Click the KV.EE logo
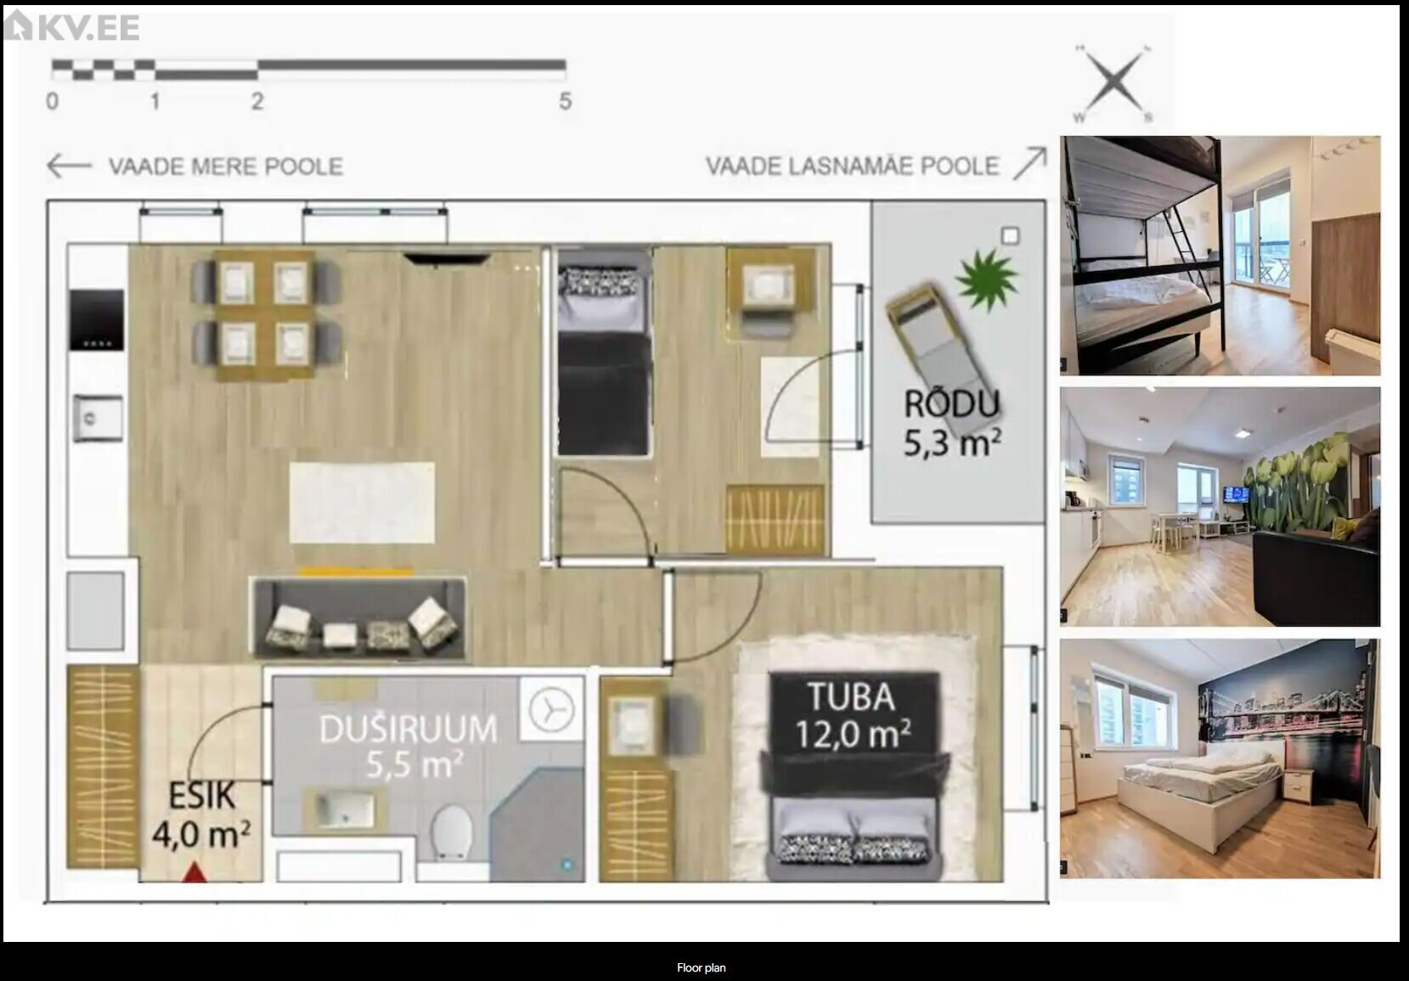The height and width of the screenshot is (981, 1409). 71,26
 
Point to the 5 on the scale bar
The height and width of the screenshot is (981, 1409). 565,101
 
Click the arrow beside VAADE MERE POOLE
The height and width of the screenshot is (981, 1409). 69,166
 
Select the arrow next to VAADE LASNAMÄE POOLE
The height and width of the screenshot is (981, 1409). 1029,164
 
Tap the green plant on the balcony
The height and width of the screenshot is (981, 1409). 986,279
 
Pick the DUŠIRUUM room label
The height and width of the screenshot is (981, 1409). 409,747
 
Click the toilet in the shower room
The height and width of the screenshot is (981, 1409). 453,832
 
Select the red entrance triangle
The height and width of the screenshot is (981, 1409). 194,872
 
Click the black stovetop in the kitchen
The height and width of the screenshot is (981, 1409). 96,319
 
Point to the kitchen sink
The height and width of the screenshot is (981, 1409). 99,418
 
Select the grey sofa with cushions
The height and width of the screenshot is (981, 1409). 359,618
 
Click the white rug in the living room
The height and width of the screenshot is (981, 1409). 362,503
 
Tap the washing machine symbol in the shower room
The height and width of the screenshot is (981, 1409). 551,709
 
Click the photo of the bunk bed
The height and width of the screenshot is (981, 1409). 1220,256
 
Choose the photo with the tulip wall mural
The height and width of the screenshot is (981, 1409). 1220,506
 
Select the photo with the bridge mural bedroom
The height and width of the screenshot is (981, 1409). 1220,758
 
